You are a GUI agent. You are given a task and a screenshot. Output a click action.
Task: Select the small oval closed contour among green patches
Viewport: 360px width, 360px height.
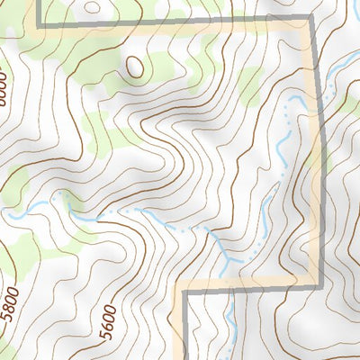pos(134,66)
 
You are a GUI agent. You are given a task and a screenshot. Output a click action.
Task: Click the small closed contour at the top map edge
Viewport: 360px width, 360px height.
pos(94,4)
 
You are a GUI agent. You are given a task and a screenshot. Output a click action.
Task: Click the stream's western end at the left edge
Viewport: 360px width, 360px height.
pos(4,213)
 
